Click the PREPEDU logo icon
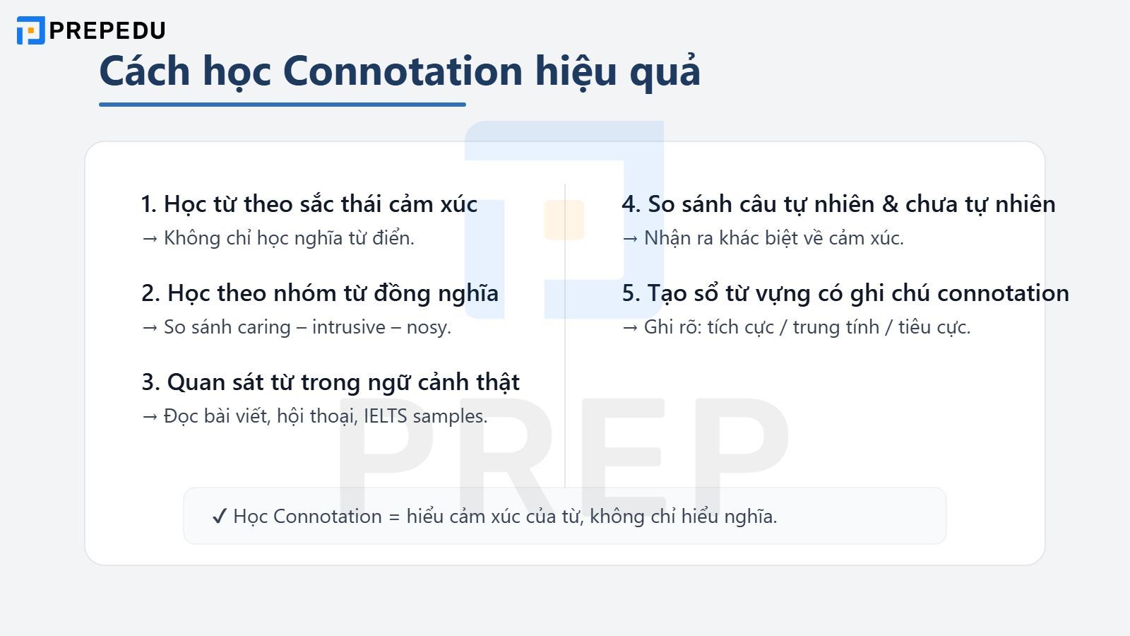[30, 30]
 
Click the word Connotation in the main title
[403, 71]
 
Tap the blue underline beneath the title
[282, 105]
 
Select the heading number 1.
[148, 204]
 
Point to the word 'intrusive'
[349, 327]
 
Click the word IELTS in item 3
[385, 416]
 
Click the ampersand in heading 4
[890, 204]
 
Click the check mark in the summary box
[219, 517]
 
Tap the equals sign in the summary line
[394, 517]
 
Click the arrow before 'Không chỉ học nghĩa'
[149, 238]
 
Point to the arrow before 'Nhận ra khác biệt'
[629, 238]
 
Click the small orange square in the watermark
[564, 220]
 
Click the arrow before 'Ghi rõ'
[629, 327]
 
